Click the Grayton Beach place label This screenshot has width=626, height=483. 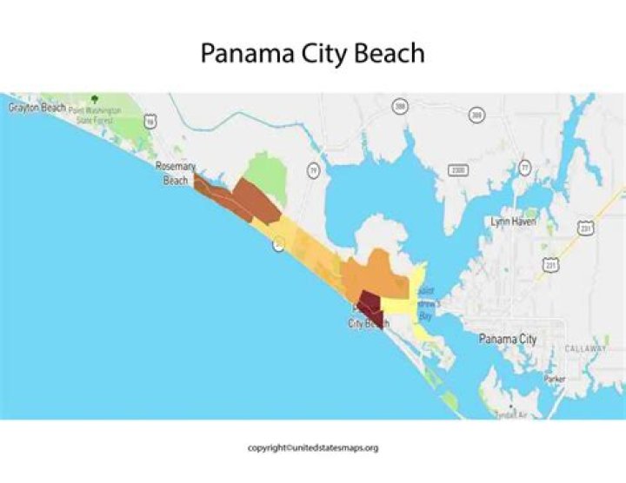(37, 108)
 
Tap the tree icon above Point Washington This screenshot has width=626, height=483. (94, 99)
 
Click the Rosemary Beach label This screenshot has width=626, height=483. (176, 173)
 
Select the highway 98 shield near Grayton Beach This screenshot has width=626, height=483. (150, 123)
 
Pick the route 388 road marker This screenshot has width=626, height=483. (400, 106)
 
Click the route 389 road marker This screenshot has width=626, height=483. (476, 115)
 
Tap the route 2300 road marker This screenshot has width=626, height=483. (458, 170)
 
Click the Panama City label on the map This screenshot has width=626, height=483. (508, 339)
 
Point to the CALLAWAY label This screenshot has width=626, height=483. (586, 348)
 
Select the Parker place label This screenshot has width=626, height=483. (555, 379)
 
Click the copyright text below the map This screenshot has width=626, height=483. (312, 448)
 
